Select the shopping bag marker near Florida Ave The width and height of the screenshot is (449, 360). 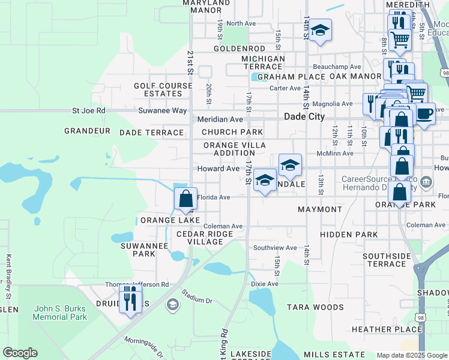(x=186, y=199)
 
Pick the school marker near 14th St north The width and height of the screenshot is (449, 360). (x=321, y=31)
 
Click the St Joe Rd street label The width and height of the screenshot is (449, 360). (x=88, y=110)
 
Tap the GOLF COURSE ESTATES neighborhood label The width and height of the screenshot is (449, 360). (x=158, y=90)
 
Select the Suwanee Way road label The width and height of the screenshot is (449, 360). (x=163, y=110)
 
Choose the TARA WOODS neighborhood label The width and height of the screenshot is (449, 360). (x=315, y=307)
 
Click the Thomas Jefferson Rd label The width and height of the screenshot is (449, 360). (x=137, y=284)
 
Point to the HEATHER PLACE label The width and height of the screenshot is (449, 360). (x=387, y=329)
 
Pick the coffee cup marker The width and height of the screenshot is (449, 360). (x=425, y=114)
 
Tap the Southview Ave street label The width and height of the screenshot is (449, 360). (x=275, y=247)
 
